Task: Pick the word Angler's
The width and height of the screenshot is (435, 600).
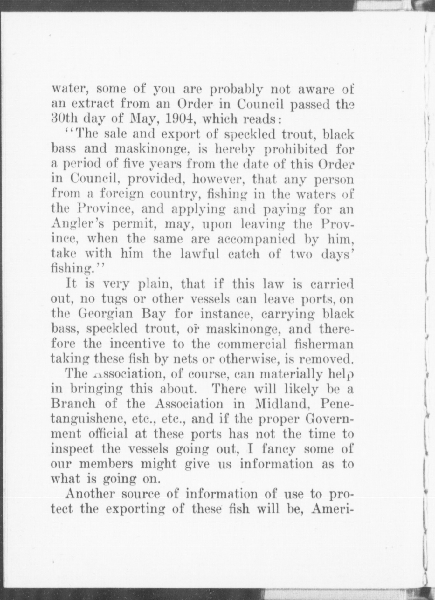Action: [x=76, y=224]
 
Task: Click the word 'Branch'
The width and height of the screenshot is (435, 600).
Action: [x=73, y=404]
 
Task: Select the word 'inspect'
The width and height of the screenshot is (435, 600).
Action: [x=72, y=449]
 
